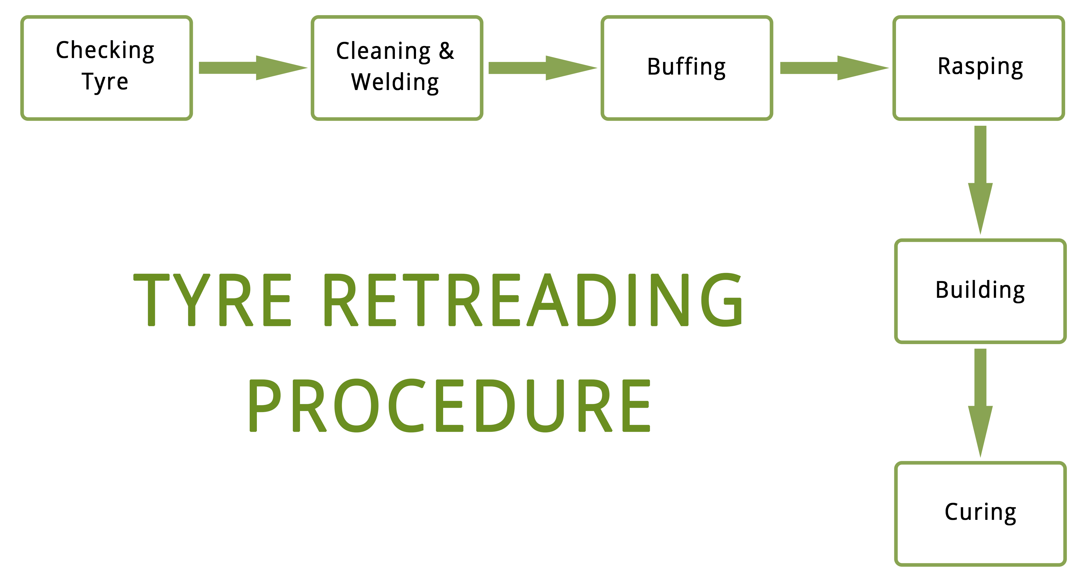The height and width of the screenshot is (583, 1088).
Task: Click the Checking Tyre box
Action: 107,68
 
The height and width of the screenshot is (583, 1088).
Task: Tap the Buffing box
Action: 687,68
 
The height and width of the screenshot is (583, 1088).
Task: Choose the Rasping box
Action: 979,68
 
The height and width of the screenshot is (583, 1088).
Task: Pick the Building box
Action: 980,291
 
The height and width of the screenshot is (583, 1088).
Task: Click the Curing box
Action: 980,514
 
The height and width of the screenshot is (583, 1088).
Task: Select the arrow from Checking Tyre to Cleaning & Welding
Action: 253,68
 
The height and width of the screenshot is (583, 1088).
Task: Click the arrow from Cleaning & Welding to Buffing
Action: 543,68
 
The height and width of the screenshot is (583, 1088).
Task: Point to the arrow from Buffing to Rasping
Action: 835,68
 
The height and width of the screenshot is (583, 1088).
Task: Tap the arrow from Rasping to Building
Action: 980,180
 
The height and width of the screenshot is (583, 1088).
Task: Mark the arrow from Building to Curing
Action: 980,403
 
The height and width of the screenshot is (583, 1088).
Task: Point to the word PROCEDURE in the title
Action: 449,406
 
